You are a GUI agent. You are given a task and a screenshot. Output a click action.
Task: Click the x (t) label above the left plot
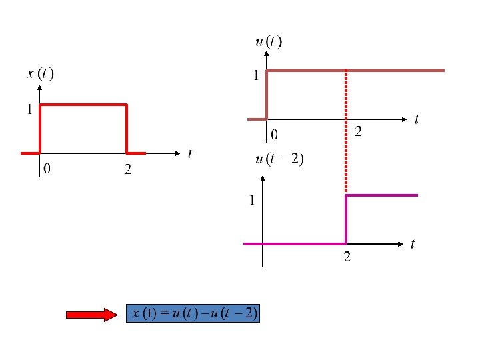[x=40, y=74]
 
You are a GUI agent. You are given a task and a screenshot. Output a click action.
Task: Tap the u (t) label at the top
[x=268, y=43]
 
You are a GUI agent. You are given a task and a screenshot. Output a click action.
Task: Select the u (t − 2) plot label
[x=279, y=159]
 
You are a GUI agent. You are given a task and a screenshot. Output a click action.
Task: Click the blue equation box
[x=193, y=313]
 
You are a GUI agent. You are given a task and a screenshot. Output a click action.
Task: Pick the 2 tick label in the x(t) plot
[x=127, y=170]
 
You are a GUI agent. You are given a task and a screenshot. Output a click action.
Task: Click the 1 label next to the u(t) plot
[x=255, y=76]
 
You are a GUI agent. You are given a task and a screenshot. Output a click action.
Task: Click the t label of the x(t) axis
[x=190, y=154]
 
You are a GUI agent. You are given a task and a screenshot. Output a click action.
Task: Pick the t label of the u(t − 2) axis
[x=413, y=245]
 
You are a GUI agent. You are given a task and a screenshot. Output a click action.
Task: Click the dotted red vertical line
[x=345, y=133]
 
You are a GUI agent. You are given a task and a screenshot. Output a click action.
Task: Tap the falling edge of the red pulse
[x=126, y=129]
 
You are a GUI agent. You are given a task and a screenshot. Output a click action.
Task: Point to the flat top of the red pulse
[x=83, y=105]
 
